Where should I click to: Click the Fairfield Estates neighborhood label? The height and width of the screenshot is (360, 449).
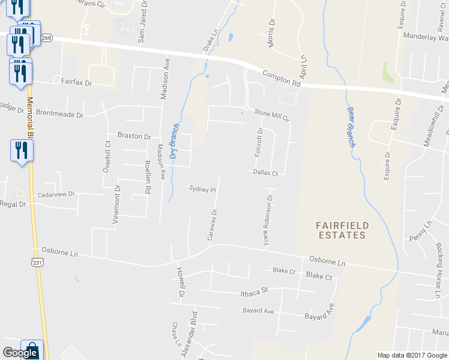tap(342, 230)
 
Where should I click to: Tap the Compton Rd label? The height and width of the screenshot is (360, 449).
tap(281, 79)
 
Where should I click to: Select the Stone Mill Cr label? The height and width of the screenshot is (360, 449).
tap(272, 115)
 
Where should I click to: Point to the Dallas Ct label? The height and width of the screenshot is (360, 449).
tap(265, 173)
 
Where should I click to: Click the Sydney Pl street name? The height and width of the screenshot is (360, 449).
tap(202, 189)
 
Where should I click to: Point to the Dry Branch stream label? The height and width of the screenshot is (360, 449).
tap(174, 140)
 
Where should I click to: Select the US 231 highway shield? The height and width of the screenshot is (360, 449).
tap(37, 262)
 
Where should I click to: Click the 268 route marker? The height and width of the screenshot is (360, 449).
tap(47, 38)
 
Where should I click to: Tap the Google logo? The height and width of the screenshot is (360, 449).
tap(20, 353)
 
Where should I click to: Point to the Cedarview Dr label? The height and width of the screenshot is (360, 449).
tap(55, 194)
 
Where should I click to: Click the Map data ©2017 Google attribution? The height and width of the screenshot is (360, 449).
tap(412, 355)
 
